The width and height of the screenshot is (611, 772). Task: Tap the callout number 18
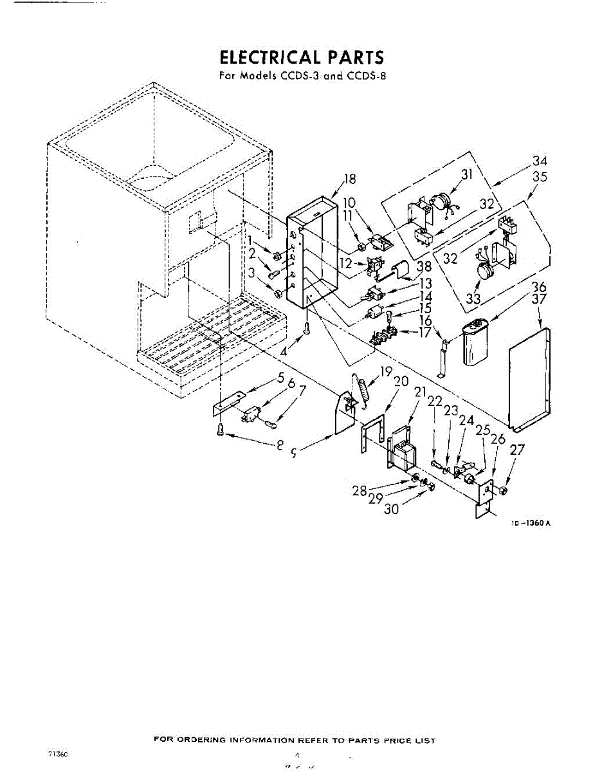click(x=350, y=179)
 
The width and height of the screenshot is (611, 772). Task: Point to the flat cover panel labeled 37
click(x=529, y=380)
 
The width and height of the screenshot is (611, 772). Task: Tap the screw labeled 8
click(x=221, y=429)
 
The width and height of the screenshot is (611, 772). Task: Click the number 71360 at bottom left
click(x=57, y=753)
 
